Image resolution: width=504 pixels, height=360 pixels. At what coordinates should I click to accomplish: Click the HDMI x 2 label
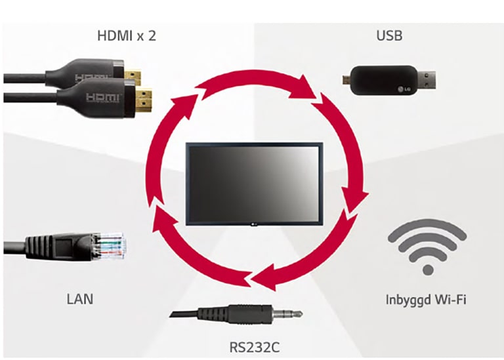(127, 35)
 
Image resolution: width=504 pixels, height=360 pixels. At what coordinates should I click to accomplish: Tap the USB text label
(389, 35)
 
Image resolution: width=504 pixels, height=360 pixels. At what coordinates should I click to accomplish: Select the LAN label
(79, 299)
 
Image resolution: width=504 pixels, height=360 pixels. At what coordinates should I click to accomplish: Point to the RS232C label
(253, 346)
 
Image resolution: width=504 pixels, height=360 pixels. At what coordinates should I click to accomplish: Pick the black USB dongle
(387, 79)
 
